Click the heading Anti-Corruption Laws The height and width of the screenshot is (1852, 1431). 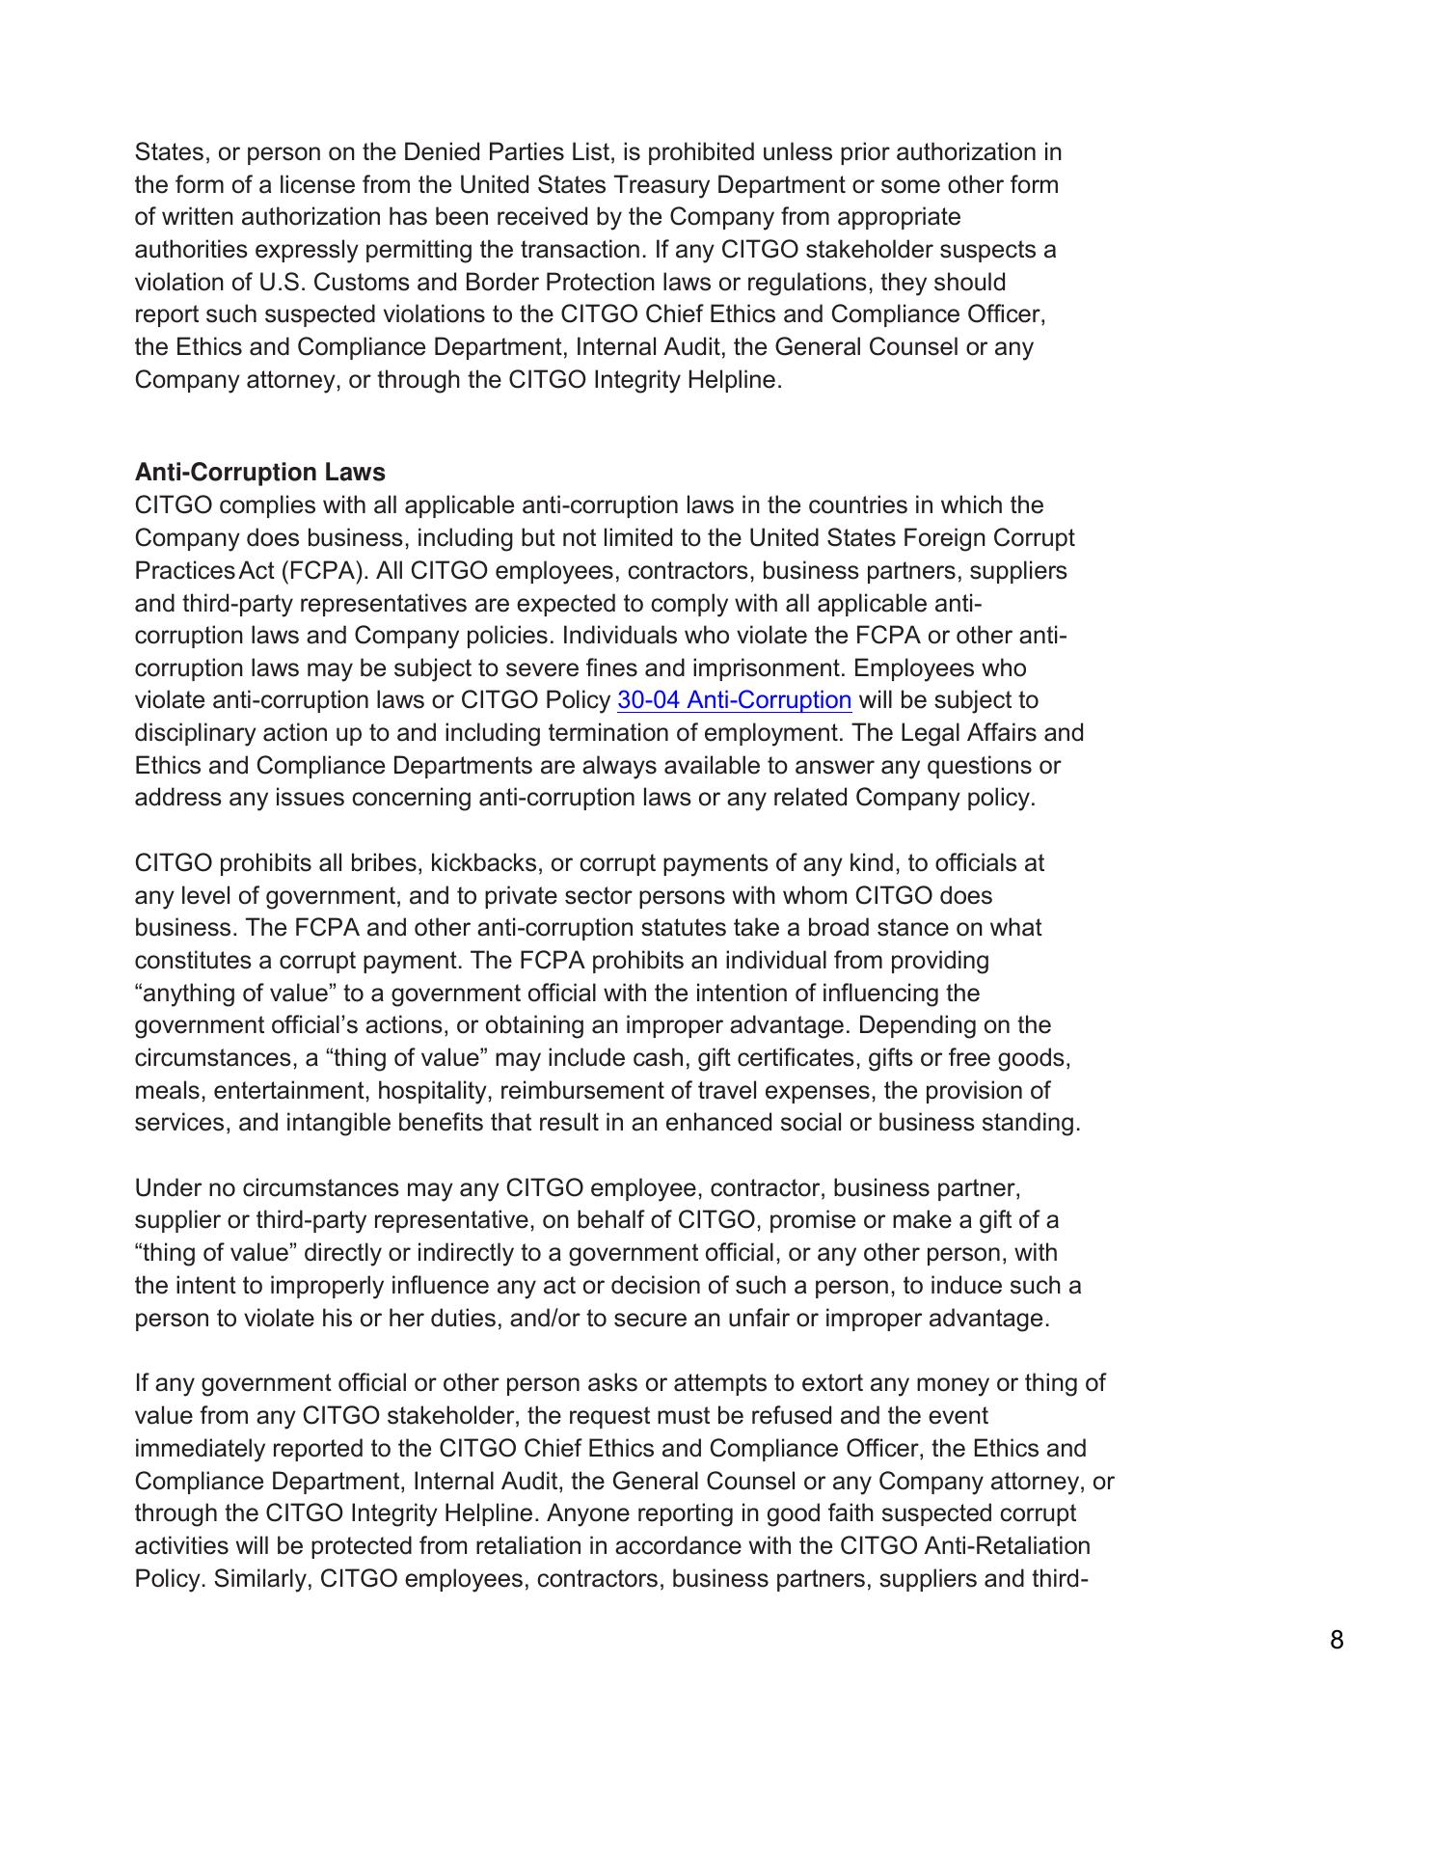point(259,473)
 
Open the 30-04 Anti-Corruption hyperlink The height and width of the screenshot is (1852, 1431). point(734,700)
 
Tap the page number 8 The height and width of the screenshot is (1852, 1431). point(1336,1640)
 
